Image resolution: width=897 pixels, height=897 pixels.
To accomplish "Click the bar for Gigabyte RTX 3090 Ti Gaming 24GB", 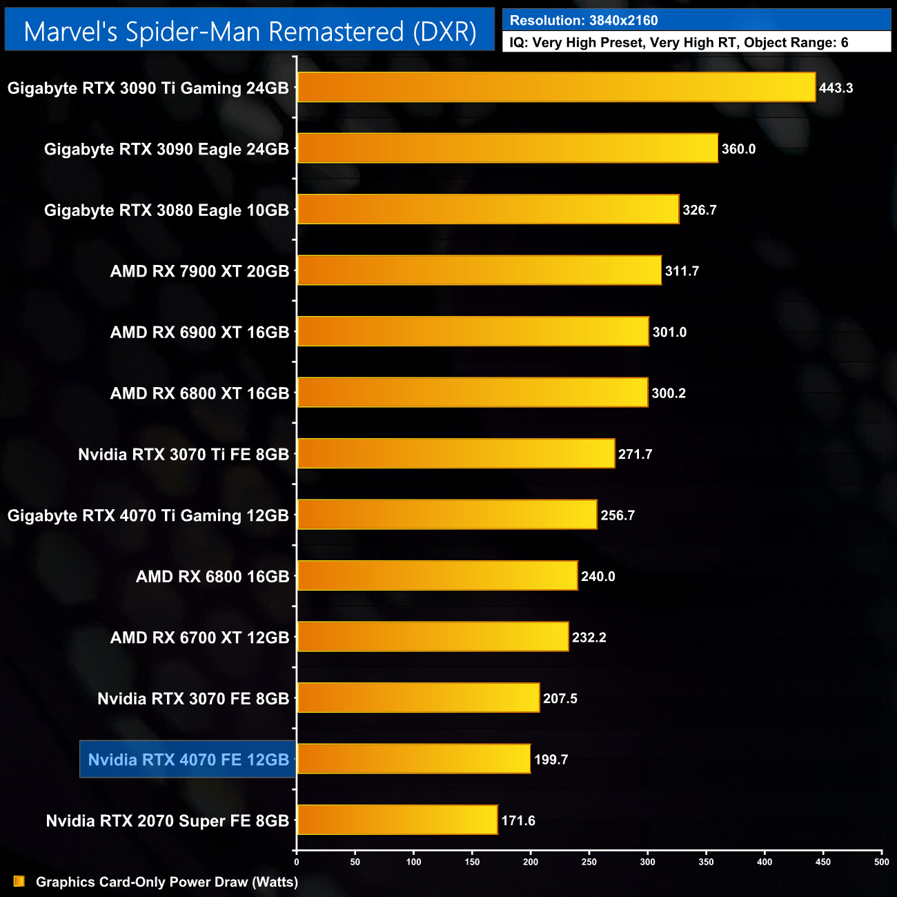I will (556, 88).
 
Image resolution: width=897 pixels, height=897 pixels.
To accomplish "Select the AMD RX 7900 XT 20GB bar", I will (479, 270).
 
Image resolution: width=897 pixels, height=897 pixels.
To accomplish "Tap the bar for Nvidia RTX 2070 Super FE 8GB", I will (397, 820).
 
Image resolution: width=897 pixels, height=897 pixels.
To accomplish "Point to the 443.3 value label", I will (836, 88).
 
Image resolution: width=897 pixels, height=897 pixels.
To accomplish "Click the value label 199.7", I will (551, 760).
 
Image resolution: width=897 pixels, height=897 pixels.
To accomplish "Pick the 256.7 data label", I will (617, 515).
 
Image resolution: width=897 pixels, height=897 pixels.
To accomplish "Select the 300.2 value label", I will (668, 393).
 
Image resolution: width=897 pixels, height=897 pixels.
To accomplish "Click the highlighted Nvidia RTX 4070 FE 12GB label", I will (188, 760).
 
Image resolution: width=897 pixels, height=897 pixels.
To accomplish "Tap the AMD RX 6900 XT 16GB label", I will (199, 333).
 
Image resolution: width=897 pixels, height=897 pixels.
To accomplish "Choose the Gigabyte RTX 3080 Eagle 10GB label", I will (166, 210).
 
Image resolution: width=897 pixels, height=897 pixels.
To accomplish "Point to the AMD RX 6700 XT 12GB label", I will (199, 638).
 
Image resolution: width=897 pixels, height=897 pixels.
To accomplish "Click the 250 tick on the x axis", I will (589, 862).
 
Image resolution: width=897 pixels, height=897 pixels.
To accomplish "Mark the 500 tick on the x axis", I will (881, 862).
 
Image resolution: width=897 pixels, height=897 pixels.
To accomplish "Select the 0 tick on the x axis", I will (297, 862).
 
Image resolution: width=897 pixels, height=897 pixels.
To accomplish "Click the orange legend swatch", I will (19, 882).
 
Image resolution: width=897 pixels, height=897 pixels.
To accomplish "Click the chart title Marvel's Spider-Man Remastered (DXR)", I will (250, 32).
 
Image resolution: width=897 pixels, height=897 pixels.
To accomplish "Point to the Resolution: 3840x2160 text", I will (584, 21).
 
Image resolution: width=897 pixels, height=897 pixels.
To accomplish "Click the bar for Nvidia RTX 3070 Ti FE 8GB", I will (455, 453).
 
